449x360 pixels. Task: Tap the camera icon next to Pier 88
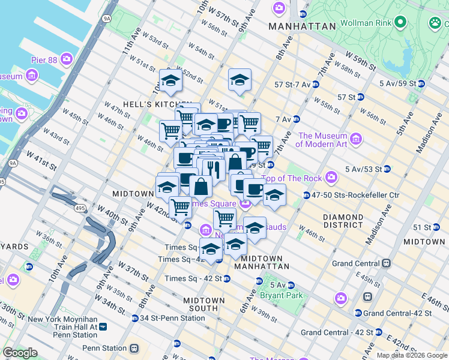coord(66,59)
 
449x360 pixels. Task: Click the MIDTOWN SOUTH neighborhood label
coord(204,304)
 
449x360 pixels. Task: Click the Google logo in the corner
coord(20,353)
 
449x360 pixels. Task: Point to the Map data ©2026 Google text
coord(412,355)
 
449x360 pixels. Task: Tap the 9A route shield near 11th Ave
coord(107,19)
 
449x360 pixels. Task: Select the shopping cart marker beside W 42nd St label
coord(180,208)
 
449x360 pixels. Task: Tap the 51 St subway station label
coord(418,227)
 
